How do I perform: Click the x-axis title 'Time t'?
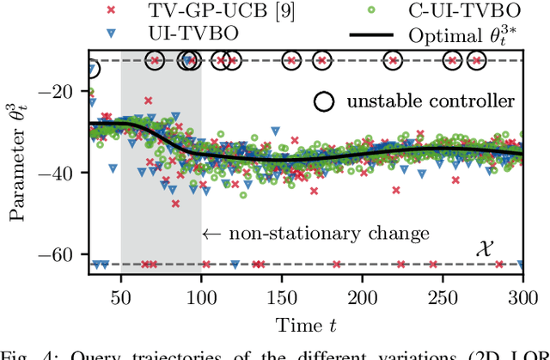click(306, 324)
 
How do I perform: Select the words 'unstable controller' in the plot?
click(431, 101)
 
